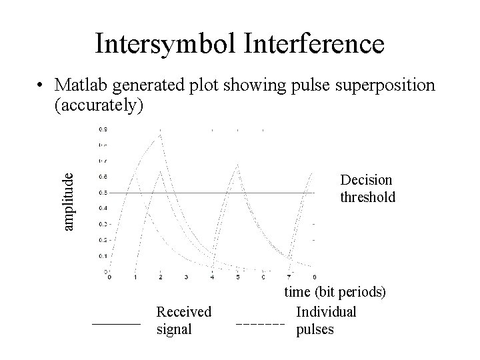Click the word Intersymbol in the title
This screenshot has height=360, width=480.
[x=167, y=44]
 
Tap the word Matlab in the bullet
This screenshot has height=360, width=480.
[x=83, y=86]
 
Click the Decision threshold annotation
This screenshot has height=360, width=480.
[x=367, y=189]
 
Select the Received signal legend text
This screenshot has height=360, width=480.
[x=183, y=320]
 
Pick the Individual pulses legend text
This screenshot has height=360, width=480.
[x=326, y=320]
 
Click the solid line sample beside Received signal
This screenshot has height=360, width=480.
[x=116, y=323]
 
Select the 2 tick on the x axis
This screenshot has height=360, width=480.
[x=161, y=277]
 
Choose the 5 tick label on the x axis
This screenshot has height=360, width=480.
[x=238, y=277]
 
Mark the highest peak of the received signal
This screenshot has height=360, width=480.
[x=160, y=135]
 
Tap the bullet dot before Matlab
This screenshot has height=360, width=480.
[x=41, y=87]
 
